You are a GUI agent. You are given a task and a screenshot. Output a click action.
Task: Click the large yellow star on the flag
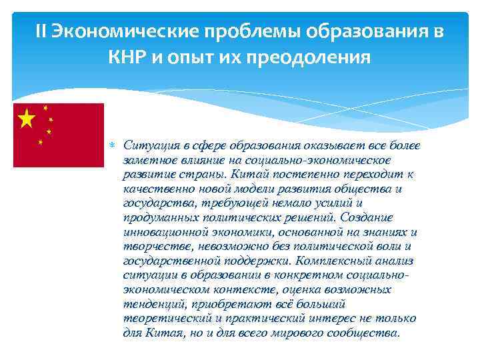pos(27,119)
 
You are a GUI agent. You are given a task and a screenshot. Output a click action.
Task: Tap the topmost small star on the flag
pos(45,108)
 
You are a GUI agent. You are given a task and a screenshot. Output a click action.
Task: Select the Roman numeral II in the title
pos(41,33)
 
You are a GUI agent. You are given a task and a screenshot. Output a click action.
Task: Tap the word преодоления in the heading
pos(315,58)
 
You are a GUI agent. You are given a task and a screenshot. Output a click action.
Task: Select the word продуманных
pos(156,217)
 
